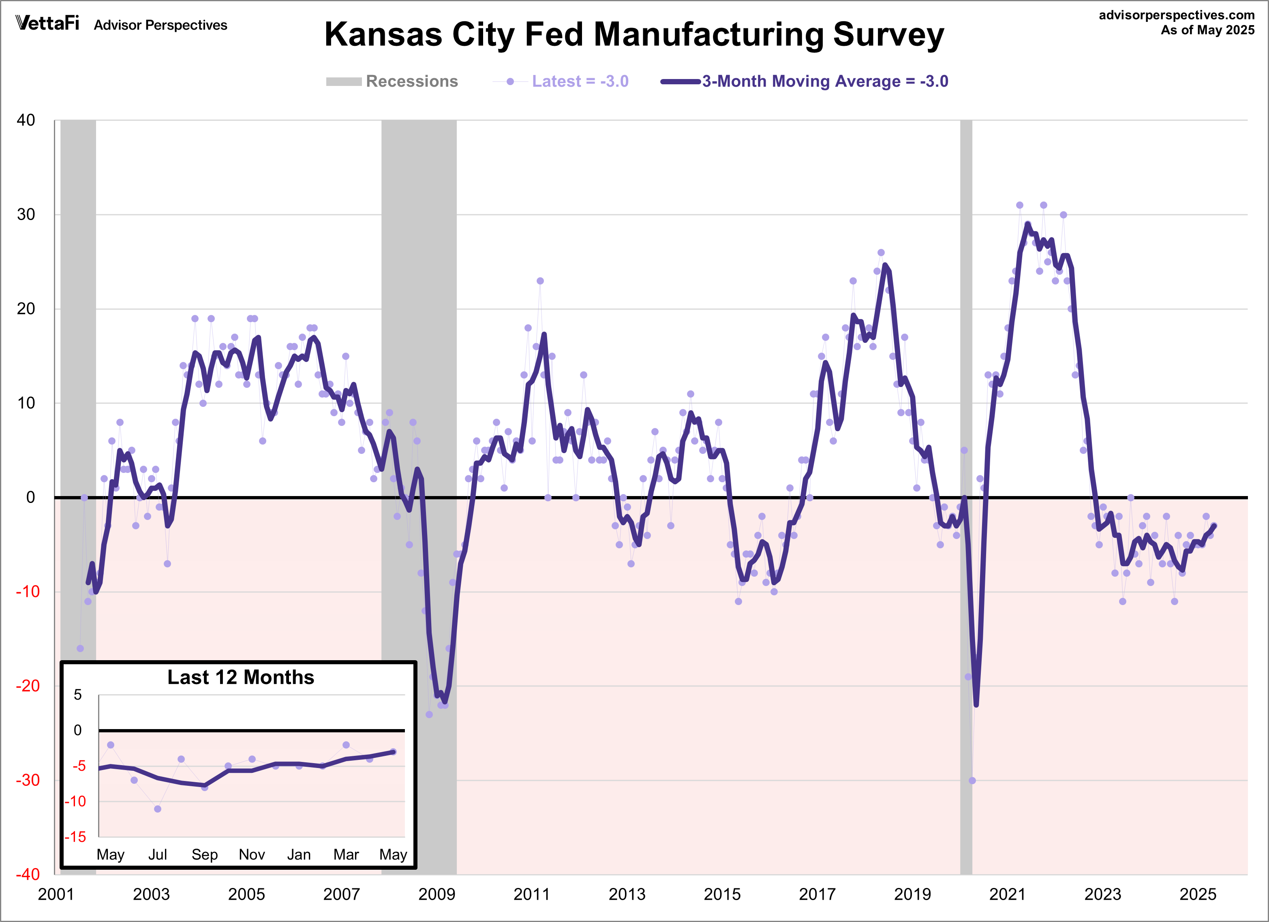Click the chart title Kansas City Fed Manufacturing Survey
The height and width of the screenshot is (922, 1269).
(634, 35)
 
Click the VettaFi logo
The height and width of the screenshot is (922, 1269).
(47, 23)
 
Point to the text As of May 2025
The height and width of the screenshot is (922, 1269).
(1207, 30)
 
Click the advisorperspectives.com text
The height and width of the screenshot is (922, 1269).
(1176, 15)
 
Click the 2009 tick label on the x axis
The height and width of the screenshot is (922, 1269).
(437, 894)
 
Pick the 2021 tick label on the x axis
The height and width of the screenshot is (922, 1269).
(1007, 894)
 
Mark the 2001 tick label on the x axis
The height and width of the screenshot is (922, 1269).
(56, 894)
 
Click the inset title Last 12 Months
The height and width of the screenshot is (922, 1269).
(241, 678)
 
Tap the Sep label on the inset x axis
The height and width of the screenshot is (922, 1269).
(204, 854)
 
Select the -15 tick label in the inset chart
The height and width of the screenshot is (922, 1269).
(75, 837)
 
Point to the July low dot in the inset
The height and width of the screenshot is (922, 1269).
(158, 809)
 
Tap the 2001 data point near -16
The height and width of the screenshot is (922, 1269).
(80, 648)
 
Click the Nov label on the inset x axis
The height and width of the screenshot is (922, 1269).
(252, 854)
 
